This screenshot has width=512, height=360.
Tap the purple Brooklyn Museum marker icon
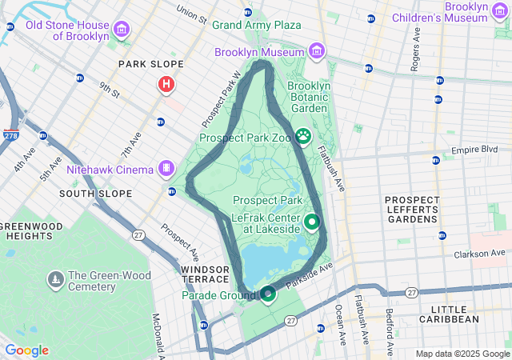(x=318, y=52)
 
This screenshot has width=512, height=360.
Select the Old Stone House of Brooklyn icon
(x=122, y=30)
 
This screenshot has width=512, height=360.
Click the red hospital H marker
(x=166, y=83)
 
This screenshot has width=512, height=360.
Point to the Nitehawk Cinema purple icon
(x=166, y=169)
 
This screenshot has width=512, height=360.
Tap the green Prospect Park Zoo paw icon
(x=304, y=137)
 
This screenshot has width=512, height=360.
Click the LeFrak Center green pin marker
(x=311, y=222)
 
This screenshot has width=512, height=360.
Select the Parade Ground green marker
(x=268, y=294)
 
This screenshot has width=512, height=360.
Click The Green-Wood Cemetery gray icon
(x=55, y=280)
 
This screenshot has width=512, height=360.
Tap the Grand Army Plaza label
(x=256, y=25)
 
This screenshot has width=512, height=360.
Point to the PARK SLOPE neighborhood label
(x=151, y=64)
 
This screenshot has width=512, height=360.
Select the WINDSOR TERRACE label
(x=209, y=275)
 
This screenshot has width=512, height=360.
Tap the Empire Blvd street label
(x=474, y=150)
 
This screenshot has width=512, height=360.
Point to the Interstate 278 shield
(x=10, y=136)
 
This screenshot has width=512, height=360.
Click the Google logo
(x=26, y=350)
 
